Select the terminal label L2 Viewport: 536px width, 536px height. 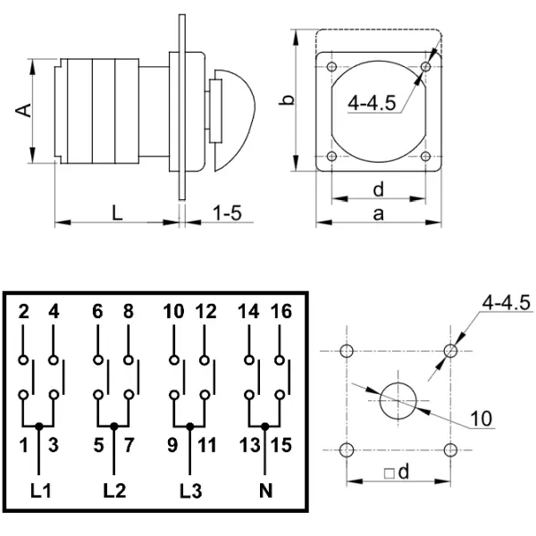(x=113, y=490)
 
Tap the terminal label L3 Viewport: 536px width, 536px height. (x=189, y=490)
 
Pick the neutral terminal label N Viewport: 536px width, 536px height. (x=264, y=490)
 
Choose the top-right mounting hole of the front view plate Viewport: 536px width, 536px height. (x=427, y=66)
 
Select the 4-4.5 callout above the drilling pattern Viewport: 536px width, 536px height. (x=506, y=304)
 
